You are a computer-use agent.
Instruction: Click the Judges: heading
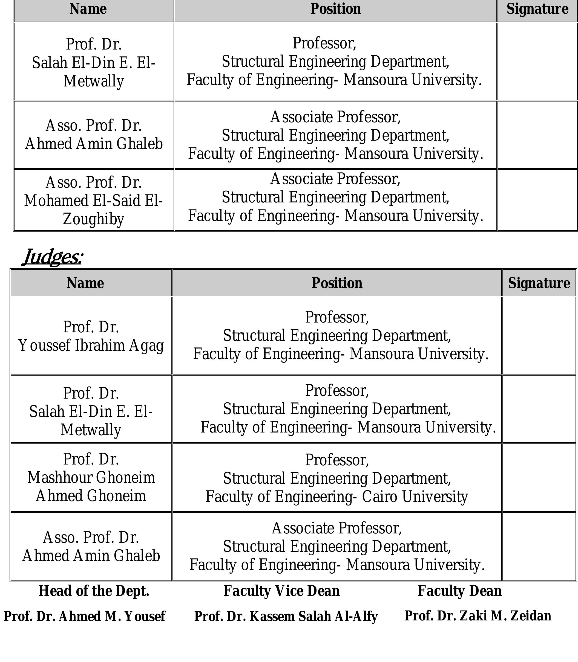tap(53, 257)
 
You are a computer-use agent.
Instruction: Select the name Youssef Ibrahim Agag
tap(91, 345)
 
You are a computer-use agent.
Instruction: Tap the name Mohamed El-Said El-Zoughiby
tap(94, 201)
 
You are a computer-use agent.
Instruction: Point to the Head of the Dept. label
tap(94, 591)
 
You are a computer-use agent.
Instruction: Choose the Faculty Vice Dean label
tap(281, 591)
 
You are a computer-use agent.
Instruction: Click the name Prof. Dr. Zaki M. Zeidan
tap(478, 615)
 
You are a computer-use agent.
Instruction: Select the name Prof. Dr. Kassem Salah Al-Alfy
tap(286, 616)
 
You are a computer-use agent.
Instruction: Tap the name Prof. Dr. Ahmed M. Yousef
tap(85, 616)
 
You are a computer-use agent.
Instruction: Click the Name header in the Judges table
tap(85, 283)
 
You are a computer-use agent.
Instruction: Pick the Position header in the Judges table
tap(337, 283)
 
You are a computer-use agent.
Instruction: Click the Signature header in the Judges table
tap(539, 283)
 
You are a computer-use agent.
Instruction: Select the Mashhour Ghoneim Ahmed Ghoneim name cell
tap(91, 477)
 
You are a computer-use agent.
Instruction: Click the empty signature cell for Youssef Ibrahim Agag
tap(539, 335)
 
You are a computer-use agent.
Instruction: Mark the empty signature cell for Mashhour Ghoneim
tap(539, 477)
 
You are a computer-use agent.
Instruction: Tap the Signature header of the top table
tap(537, 9)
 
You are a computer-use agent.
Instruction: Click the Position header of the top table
tap(335, 9)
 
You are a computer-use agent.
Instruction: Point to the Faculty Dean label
tap(460, 591)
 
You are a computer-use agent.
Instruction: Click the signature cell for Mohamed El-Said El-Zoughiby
tap(537, 200)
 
